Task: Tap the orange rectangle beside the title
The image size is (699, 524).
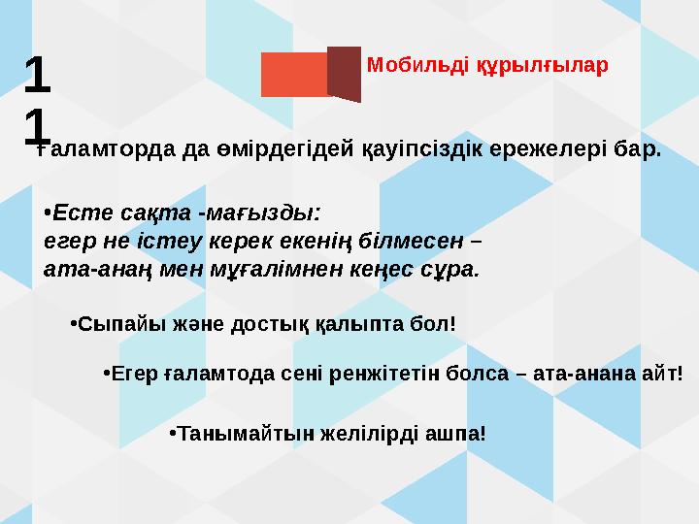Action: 294,75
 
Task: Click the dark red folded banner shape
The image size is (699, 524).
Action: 344,73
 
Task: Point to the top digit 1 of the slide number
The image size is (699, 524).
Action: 36,76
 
